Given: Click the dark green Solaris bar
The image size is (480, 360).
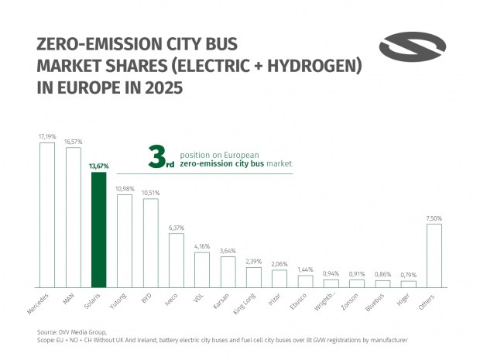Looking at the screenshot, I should pos(98,230).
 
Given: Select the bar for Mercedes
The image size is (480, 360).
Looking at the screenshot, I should pos(47,215).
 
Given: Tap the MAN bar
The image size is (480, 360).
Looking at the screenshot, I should pos(73,218).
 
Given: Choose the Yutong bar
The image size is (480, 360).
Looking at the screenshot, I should pos(125,241).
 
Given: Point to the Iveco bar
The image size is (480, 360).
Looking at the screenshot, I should pos(177,260).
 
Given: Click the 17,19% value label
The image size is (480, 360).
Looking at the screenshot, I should pos(47,136).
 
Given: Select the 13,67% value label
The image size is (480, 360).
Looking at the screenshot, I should pos(98,166).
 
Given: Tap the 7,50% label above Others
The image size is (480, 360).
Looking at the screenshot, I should pos(434,218).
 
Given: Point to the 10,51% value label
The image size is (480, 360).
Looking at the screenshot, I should pos(150,193).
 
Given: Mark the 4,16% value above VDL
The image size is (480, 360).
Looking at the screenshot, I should pos(202,246).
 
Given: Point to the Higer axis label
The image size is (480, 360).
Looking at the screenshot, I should pos(402,300).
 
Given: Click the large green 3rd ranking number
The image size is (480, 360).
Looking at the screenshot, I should pos(161,160).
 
